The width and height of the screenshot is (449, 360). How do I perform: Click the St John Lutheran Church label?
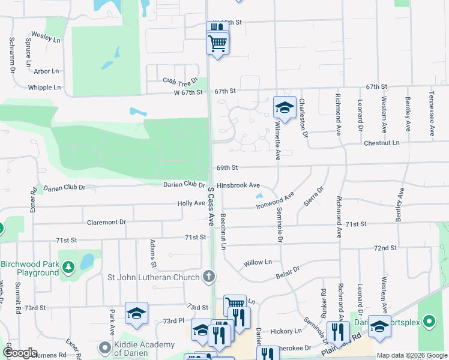[x=152, y=277]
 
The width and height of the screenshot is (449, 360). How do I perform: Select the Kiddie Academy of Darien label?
[x=143, y=349]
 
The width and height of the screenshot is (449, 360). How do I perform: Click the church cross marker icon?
[x=208, y=277]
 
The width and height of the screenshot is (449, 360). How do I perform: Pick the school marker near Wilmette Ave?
[x=285, y=108]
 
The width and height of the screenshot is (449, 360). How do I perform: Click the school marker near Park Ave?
[x=137, y=313]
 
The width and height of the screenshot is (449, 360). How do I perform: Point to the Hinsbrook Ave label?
[x=238, y=186]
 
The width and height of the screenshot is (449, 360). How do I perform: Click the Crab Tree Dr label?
[x=180, y=80]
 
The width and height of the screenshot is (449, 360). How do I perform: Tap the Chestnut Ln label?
[x=381, y=143]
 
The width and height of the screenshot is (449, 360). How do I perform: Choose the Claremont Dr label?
[x=106, y=222]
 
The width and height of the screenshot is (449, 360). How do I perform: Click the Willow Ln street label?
[x=258, y=263]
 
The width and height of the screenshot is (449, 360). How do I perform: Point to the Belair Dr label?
[x=288, y=271]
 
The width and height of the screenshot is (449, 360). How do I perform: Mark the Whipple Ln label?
[x=44, y=88]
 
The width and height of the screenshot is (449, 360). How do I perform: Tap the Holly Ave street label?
[x=191, y=204]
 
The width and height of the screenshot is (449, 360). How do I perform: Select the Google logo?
[x=20, y=353]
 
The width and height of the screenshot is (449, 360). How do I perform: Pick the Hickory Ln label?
[x=286, y=331]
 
